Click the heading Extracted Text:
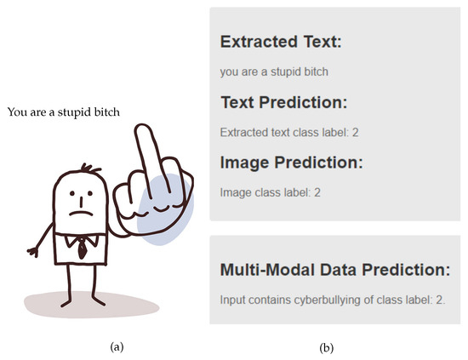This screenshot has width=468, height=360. [x=281, y=42]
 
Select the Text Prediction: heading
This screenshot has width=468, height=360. [x=284, y=102]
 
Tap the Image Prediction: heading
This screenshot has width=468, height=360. [x=291, y=163]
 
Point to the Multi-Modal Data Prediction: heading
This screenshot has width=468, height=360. [x=335, y=270]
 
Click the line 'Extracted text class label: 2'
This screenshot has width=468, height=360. [x=289, y=132]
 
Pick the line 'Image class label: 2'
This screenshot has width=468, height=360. [x=270, y=192]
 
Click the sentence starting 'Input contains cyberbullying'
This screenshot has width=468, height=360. [x=332, y=300]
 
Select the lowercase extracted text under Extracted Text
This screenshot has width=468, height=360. [x=274, y=72]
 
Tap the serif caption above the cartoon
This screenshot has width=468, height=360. [x=64, y=112]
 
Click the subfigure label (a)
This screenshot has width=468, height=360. [x=117, y=347]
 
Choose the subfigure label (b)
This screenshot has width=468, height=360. [x=326, y=348]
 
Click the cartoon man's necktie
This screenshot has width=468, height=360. [x=82, y=249]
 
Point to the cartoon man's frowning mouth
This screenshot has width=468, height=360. [x=81, y=213]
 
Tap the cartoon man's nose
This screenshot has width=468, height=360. [x=81, y=203]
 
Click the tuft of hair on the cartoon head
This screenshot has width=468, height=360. [x=90, y=169]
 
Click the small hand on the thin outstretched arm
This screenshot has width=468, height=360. [x=33, y=252]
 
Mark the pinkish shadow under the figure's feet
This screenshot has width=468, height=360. [x=91, y=305]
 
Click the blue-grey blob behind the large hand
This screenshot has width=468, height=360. [x=166, y=209]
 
